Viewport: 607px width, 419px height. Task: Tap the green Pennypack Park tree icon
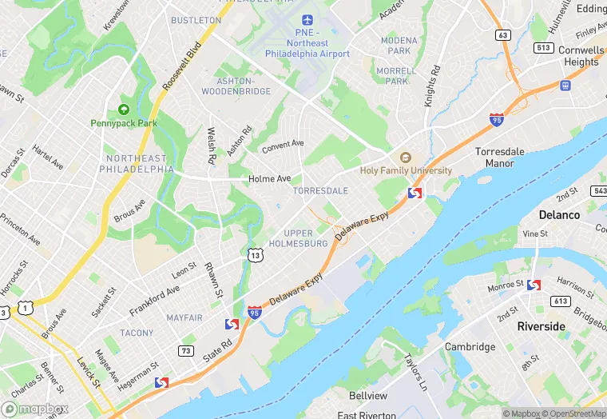pos(124,110)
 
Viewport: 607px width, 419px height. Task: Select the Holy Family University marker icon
pos(405,158)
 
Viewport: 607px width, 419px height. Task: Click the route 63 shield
pos(502,34)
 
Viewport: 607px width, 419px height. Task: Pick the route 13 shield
pos(255,255)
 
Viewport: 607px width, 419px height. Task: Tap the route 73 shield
pos(185,350)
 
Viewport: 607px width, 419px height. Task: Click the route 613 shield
pos(559,301)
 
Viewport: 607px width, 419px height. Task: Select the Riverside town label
pos(541,326)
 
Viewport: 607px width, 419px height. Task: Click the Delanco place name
pos(559,215)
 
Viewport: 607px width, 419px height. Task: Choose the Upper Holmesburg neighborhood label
pos(298,237)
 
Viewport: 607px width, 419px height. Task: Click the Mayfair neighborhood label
pos(184,317)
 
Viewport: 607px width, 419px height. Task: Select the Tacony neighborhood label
pos(137,333)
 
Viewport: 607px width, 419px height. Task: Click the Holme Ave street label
pos(269,179)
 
